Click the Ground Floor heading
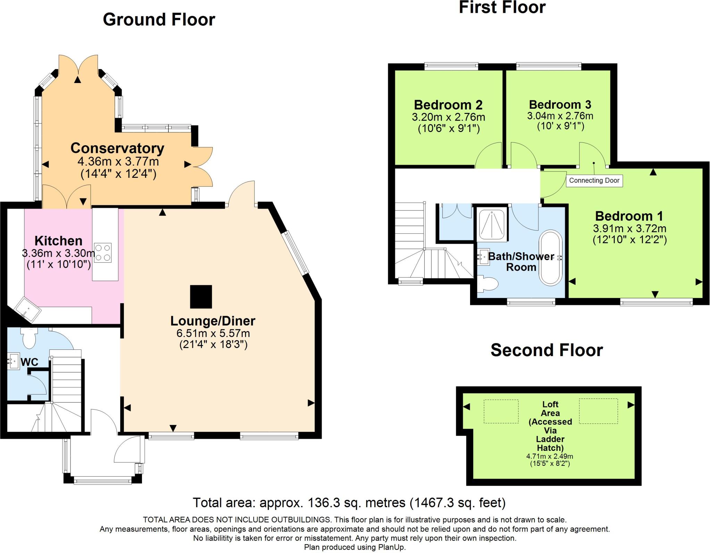click(159, 20)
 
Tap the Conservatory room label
click(117, 148)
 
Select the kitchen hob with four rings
click(103, 253)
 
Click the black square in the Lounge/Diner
click(201, 297)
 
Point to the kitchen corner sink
click(27, 309)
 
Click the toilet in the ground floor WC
click(29, 338)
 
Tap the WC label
click(30, 362)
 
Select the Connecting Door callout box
click(594, 181)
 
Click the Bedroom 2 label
click(448, 105)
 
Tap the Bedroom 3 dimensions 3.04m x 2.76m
click(560, 116)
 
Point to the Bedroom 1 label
click(629, 216)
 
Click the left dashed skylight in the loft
click(501, 411)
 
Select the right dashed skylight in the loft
click(599, 411)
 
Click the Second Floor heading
click(547, 350)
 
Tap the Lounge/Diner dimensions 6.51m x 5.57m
click(213, 333)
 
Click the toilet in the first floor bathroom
click(487, 284)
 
